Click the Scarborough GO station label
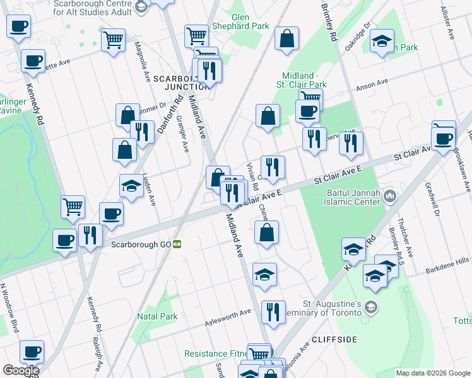pos(142,244)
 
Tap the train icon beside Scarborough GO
pos(178,244)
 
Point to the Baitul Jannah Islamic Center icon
pos(391,197)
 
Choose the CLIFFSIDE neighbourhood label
pos(333,340)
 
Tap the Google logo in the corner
pos(21,370)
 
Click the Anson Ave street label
pos(372,84)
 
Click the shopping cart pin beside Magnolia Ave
pos(113,40)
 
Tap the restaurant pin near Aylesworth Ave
pos(273,312)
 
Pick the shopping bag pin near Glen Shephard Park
pos(286,38)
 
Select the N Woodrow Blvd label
pos(12,308)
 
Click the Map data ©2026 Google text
pos(433,373)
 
